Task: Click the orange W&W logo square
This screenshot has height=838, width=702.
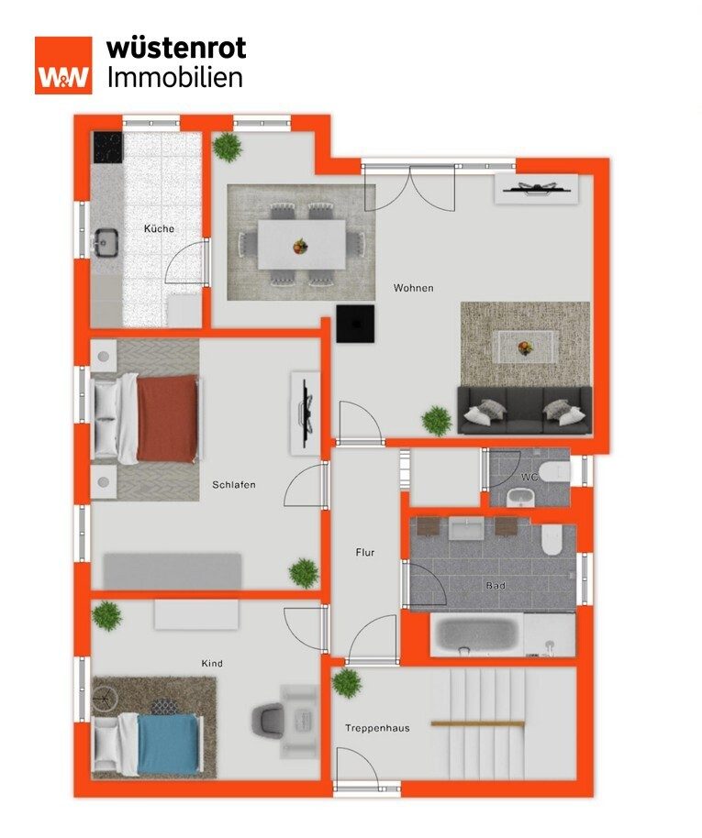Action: click(x=63, y=65)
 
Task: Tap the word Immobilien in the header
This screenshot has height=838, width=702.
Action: click(x=175, y=78)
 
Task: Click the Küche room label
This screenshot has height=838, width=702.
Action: click(x=159, y=228)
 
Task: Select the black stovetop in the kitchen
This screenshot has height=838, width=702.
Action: click(x=108, y=148)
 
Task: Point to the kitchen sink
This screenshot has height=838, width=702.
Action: click(x=106, y=242)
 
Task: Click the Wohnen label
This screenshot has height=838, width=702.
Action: click(x=413, y=288)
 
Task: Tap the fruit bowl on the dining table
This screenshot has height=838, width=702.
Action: click(x=301, y=246)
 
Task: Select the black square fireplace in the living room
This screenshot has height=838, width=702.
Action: click(x=355, y=324)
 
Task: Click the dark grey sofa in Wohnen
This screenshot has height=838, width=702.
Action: click(x=524, y=411)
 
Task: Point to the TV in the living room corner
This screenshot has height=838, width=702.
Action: click(x=536, y=188)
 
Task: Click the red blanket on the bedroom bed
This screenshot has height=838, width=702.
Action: click(x=167, y=418)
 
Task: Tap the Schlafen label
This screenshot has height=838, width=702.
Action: click(x=234, y=485)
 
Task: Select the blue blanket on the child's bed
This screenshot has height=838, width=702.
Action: click(x=168, y=744)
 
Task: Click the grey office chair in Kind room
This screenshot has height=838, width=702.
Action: click(x=268, y=722)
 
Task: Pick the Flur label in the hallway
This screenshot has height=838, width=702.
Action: click(x=365, y=553)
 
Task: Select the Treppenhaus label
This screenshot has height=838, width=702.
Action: click(x=377, y=729)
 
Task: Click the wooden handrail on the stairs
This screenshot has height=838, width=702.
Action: click(x=478, y=724)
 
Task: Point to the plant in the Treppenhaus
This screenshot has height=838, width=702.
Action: click(x=347, y=683)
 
